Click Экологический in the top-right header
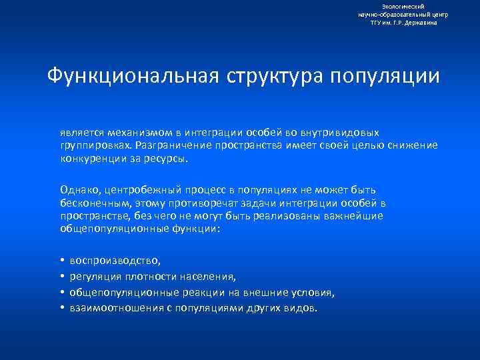404,6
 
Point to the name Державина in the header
421,23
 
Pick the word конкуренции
92,159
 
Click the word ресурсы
169,159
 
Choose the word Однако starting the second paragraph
80,190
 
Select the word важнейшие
355,215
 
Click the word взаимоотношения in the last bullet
116,308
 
